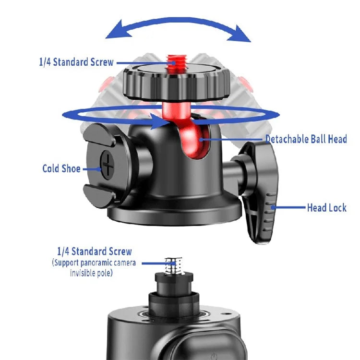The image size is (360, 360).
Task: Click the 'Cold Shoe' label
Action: [x=61, y=168]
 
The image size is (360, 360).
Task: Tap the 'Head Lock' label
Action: [x=326, y=208]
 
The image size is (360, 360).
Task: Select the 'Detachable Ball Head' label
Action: [x=306, y=139]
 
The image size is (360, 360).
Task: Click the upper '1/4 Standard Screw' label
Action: [x=76, y=62]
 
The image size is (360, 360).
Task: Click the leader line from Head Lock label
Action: [x=288, y=208]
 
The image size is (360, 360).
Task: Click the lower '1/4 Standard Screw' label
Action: [x=94, y=252]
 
